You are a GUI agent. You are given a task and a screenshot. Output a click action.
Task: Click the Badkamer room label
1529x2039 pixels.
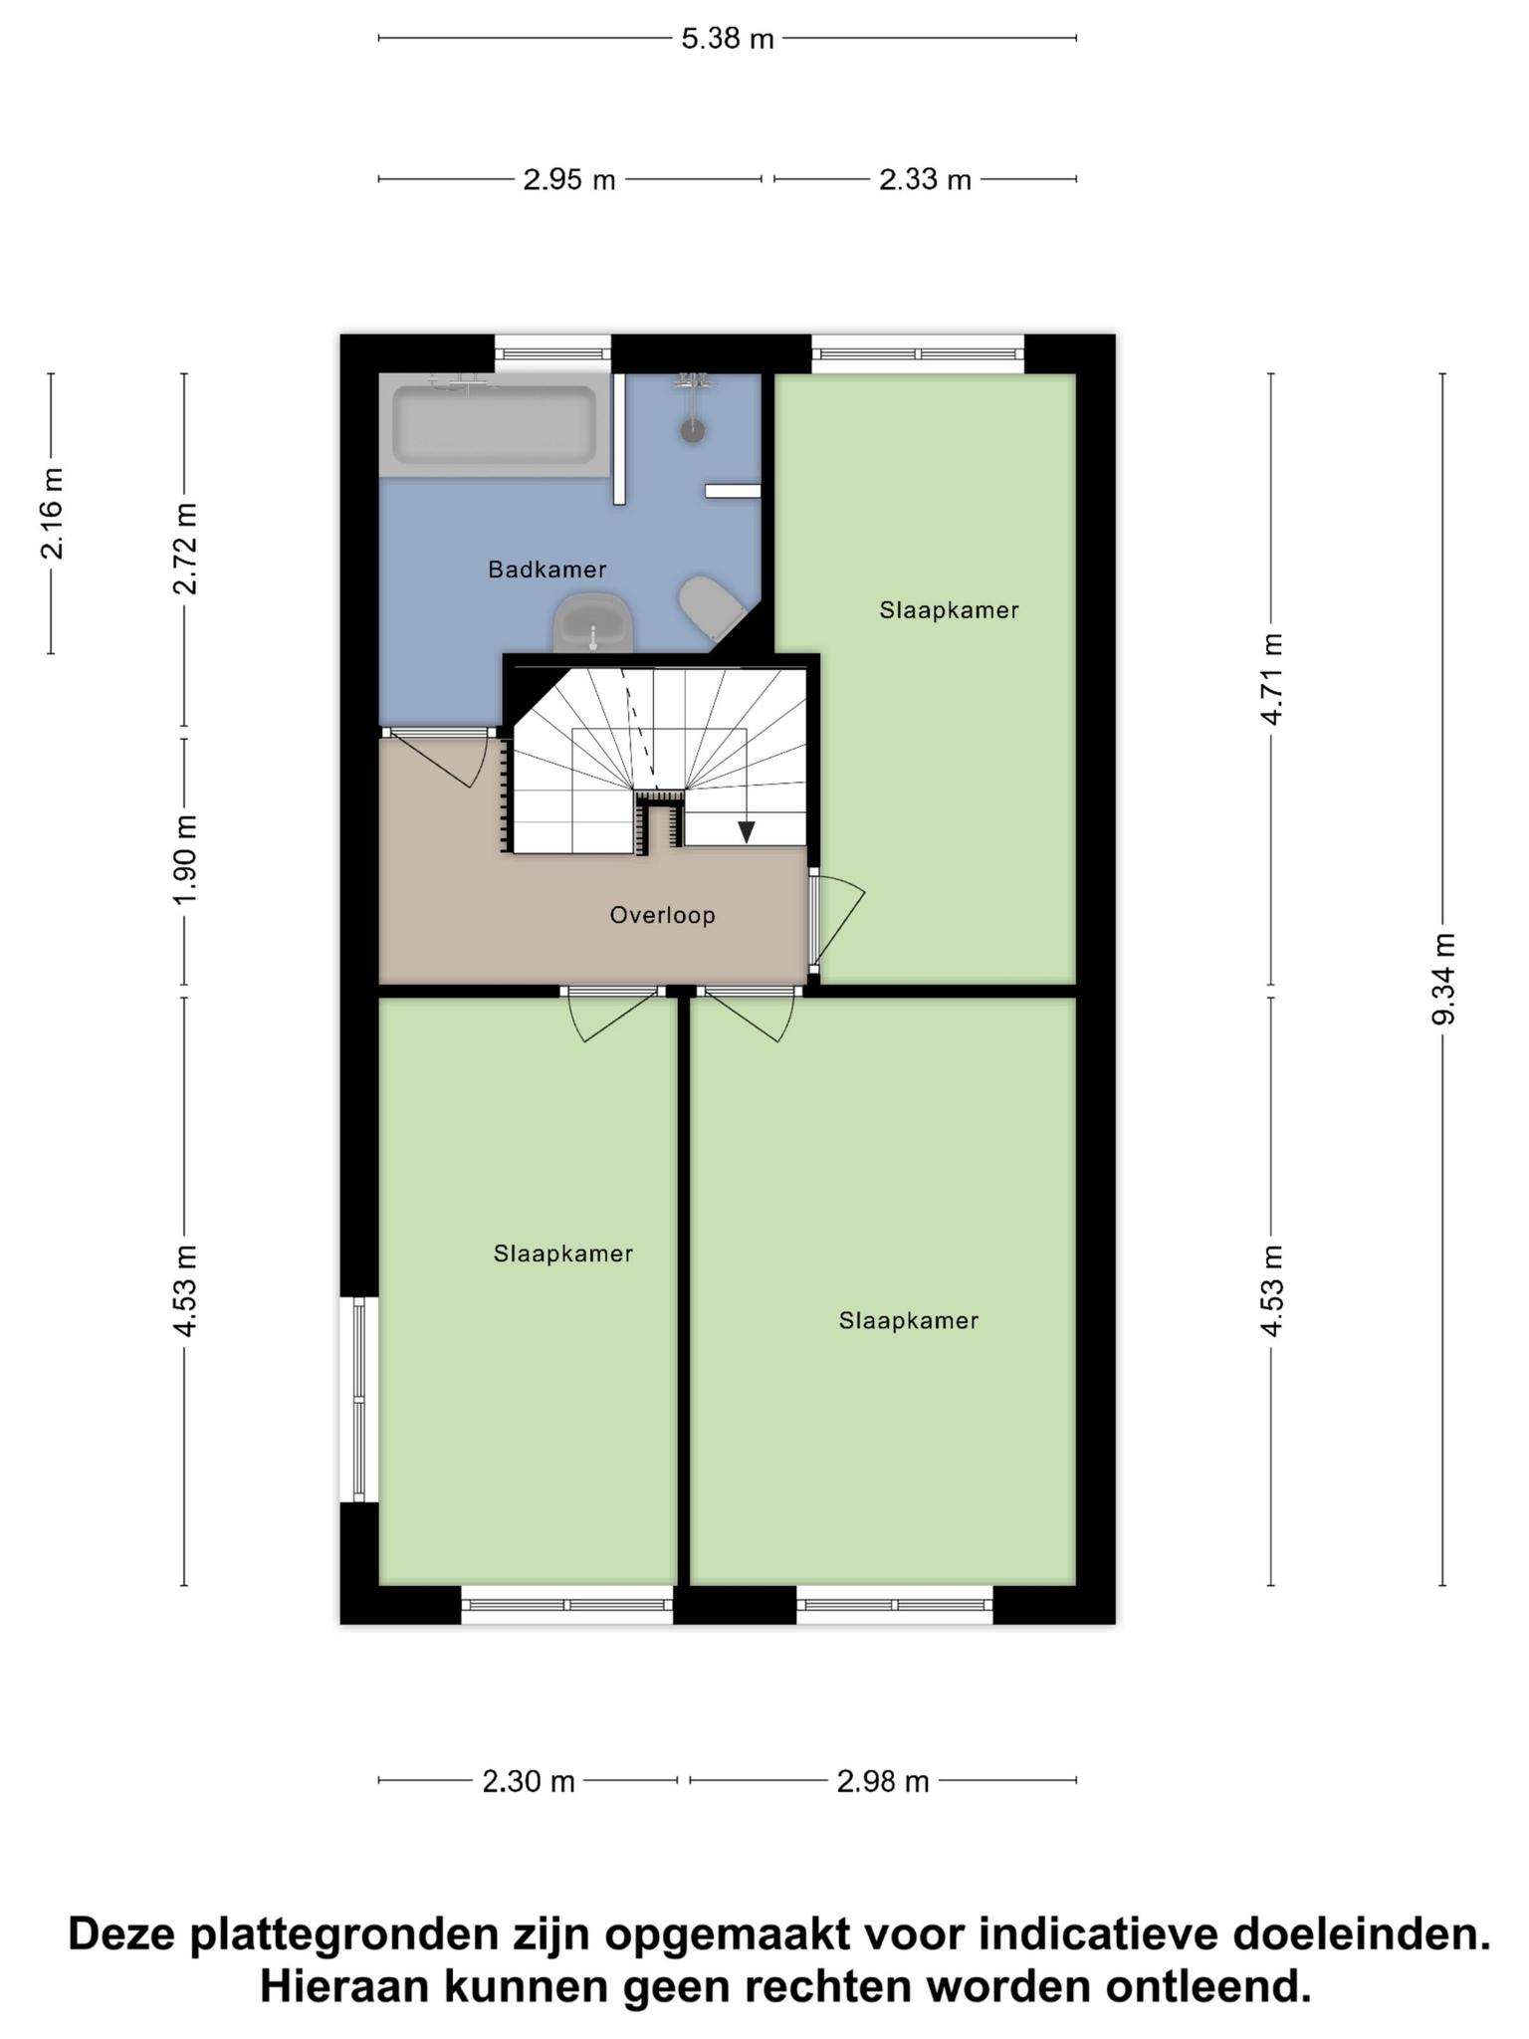pyautogui.click(x=546, y=569)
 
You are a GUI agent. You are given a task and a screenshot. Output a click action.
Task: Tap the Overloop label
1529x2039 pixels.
pyautogui.click(x=662, y=915)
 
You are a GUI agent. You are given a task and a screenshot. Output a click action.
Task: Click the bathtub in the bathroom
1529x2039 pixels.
pyautogui.click(x=495, y=425)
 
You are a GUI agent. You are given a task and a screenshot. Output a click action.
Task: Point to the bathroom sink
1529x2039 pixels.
pyautogui.click(x=593, y=624)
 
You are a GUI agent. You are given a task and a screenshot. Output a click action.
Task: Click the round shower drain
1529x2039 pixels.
pyautogui.click(x=693, y=430)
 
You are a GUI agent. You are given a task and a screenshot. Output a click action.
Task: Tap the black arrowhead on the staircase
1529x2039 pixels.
pyautogui.click(x=746, y=831)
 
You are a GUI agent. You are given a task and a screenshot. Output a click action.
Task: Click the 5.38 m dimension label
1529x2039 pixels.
pyautogui.click(x=728, y=39)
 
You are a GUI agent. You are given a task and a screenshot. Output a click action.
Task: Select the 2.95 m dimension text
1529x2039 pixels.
pyautogui.click(x=569, y=180)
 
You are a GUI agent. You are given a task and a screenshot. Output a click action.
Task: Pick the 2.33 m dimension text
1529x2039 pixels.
pyautogui.click(x=925, y=180)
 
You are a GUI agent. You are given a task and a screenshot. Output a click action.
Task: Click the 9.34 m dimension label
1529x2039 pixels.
pyautogui.click(x=1443, y=978)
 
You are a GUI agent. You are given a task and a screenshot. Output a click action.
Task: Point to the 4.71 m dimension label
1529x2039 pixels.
pyautogui.click(x=1271, y=679)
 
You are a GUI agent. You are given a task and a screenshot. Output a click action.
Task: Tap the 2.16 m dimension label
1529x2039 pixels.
pyautogui.click(x=52, y=513)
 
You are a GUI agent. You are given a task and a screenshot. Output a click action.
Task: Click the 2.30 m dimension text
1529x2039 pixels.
pyautogui.click(x=529, y=1781)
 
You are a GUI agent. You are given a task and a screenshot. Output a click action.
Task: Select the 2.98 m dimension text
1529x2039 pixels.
pyautogui.click(x=883, y=1781)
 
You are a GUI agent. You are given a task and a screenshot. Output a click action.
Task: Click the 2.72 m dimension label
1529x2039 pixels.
pyautogui.click(x=185, y=549)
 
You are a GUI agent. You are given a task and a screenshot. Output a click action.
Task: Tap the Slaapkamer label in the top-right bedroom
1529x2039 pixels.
pyautogui.click(x=949, y=610)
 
